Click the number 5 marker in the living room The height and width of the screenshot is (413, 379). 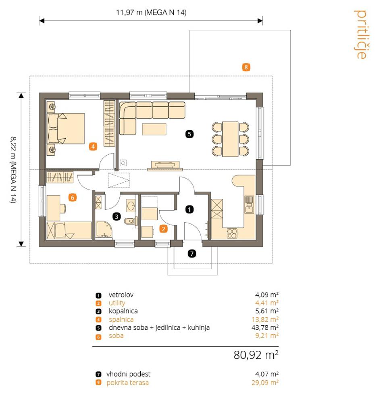189,134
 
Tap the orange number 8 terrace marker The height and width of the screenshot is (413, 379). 246,67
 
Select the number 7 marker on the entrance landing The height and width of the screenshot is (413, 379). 192,253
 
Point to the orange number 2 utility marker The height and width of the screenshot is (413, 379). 163,229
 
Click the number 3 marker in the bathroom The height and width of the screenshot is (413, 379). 117,217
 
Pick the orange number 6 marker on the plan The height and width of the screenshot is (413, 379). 72,197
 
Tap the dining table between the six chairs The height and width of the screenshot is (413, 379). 230,139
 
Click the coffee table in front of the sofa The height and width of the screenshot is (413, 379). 154,129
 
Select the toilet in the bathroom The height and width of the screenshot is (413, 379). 130,221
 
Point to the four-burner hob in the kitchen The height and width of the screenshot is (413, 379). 232,233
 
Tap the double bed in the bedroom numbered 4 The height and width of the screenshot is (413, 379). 66,129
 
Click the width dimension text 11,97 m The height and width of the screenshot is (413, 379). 129,13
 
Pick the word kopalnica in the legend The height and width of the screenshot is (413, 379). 123,311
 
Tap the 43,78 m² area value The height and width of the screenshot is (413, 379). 265,327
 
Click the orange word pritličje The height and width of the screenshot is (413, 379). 360,34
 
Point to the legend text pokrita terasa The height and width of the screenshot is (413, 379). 127,382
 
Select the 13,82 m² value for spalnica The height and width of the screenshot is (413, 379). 265,319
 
